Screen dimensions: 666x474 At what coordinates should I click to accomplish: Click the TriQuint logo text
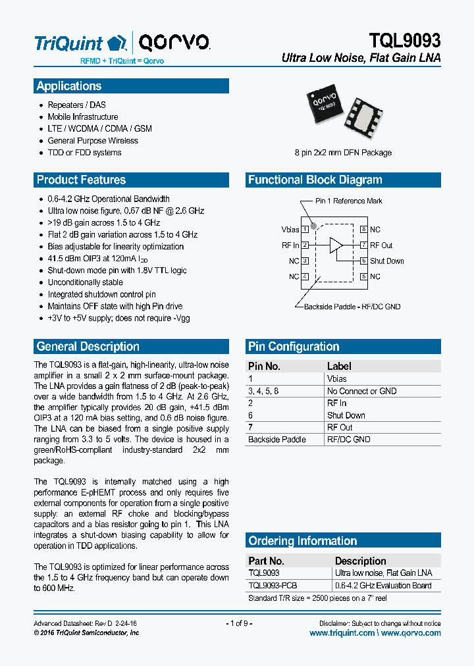point(68,43)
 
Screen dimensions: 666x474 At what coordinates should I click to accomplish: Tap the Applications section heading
point(69,86)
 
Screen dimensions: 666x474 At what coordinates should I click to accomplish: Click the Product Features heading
point(81,180)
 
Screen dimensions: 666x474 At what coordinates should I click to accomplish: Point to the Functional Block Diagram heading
point(315,180)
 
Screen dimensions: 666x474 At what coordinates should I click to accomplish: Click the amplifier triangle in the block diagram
point(336,245)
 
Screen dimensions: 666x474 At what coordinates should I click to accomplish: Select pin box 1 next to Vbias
point(305,230)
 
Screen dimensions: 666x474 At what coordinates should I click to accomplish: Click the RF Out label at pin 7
point(381,245)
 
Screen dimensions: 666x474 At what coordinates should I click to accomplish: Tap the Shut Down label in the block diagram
point(387,261)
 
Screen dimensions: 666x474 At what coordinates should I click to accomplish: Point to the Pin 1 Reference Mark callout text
point(348,201)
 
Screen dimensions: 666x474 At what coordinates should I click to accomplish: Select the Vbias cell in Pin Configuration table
point(336,379)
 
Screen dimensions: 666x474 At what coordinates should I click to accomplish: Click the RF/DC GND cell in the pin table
point(348,440)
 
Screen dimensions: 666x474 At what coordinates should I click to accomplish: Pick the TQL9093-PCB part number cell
point(273,585)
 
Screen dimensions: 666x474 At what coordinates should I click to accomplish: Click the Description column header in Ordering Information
point(360,561)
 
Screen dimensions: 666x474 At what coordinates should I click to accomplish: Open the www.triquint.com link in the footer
point(342,633)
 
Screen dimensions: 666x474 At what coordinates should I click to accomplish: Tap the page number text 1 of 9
point(239,623)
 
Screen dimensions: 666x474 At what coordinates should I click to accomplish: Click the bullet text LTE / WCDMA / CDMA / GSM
point(99,129)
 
